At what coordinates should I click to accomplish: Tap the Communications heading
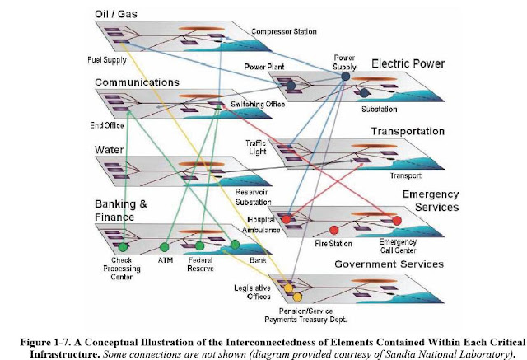[x=137, y=82]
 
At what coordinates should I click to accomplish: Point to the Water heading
[x=111, y=149]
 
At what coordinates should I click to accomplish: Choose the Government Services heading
[x=388, y=264]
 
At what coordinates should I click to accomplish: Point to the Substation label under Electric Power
[x=380, y=108]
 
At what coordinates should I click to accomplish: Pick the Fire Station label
[x=333, y=245]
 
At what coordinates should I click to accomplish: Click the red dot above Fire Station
[x=334, y=230]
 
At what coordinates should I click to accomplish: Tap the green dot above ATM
[x=164, y=246]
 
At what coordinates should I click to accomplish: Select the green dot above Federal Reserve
[x=199, y=245]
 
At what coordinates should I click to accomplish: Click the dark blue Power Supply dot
[x=344, y=76]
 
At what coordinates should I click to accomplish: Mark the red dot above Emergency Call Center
[x=397, y=221]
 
